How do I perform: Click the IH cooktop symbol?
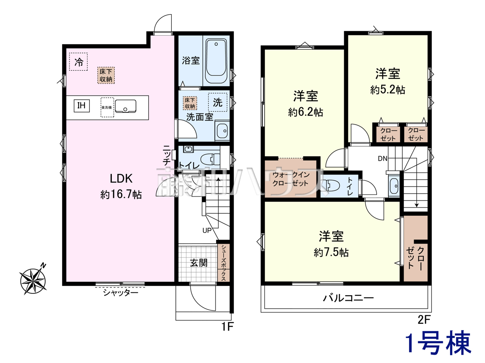click(x=81, y=106)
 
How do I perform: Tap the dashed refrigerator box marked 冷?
click(x=78, y=62)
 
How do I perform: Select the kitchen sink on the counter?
click(x=125, y=106)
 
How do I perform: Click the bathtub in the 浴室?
click(x=216, y=61)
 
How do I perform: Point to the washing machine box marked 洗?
click(x=217, y=102)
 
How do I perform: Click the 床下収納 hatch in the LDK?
click(x=106, y=75)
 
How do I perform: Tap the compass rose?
click(x=33, y=280)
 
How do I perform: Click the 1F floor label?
click(x=227, y=327)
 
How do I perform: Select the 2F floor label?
click(x=424, y=320)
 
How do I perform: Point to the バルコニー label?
click(x=348, y=298)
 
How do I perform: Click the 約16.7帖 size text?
click(x=121, y=195)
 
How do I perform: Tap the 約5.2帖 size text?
click(x=388, y=90)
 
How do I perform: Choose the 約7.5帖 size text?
click(x=331, y=252)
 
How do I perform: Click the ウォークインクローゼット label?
click(x=291, y=179)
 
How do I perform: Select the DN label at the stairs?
click(x=382, y=158)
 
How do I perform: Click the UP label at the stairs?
click(x=207, y=231)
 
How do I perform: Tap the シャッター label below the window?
click(x=120, y=293)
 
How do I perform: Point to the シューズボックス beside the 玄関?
click(x=224, y=262)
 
